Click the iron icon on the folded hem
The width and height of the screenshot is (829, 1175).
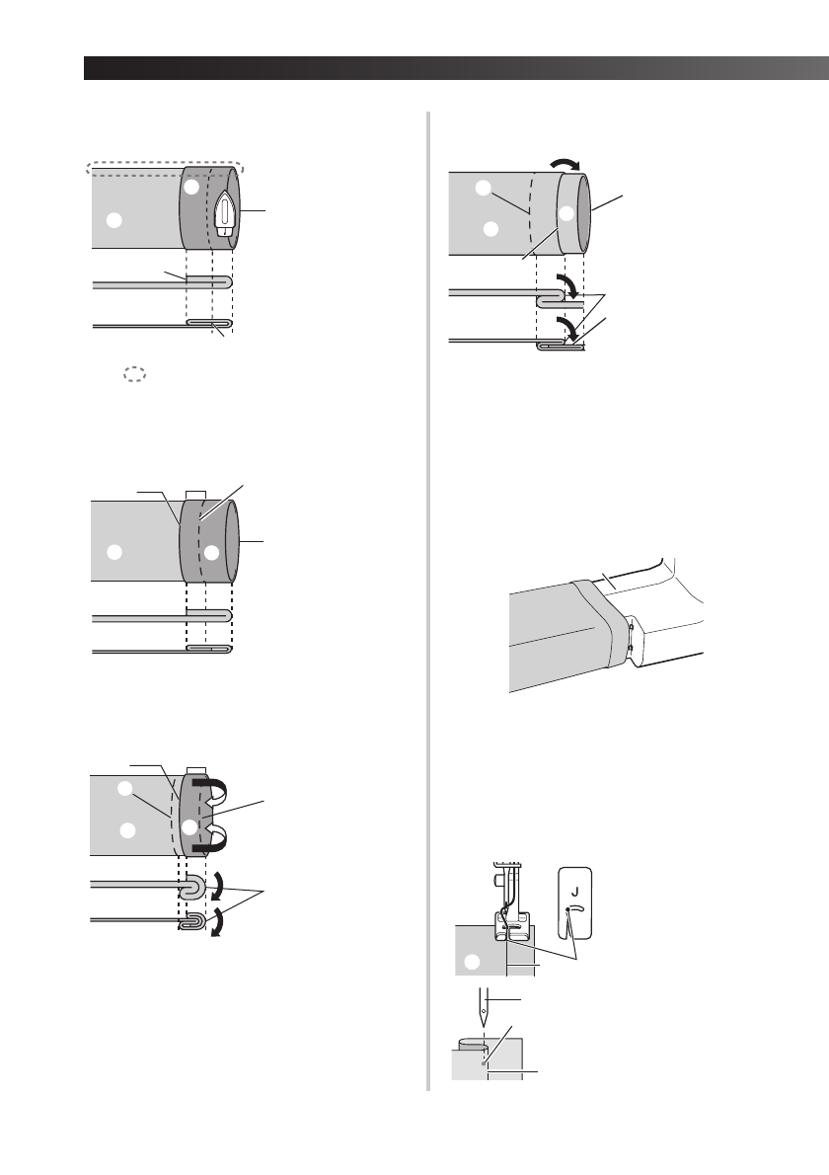[224, 212]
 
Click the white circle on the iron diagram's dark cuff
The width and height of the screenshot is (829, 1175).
[192, 187]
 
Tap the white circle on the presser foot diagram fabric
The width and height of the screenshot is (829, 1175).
[474, 961]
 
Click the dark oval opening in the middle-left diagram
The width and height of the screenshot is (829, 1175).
[234, 540]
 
